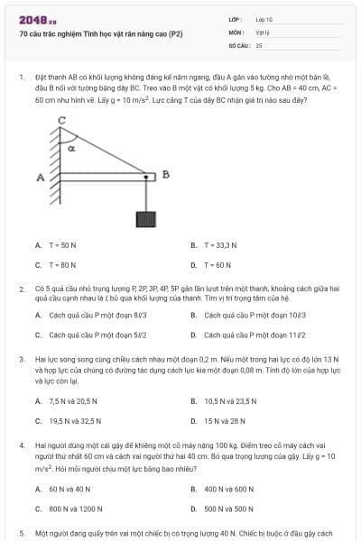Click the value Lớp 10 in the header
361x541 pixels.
(264, 18)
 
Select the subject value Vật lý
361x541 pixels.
(262, 32)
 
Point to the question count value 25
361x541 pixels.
(259, 44)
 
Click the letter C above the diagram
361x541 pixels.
(62, 120)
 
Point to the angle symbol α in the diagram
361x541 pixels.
(71, 148)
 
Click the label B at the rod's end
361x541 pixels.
(165, 174)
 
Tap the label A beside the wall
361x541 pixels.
(41, 178)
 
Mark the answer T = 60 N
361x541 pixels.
(218, 265)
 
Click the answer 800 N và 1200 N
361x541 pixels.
(76, 509)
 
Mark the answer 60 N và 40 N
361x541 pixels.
(69, 488)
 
